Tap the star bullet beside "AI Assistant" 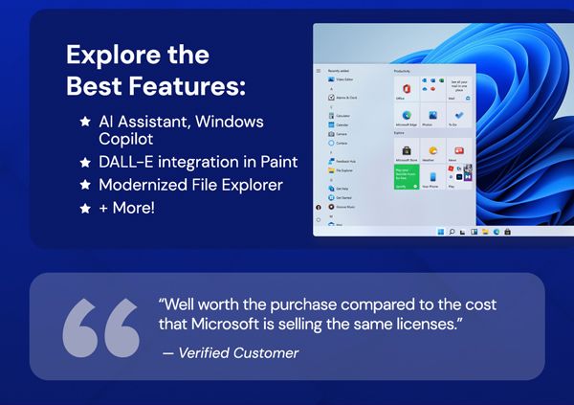86,123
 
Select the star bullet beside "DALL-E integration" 86,161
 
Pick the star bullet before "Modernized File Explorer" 86,184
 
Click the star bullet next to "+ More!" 86,207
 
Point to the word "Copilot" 130,140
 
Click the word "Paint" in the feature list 276,161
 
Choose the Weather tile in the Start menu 432,153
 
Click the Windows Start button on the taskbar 439,231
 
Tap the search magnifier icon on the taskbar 451,231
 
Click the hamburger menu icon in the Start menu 319,71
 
